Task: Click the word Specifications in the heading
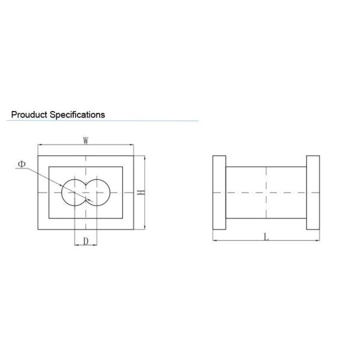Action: point(78,114)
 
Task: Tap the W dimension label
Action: point(86,140)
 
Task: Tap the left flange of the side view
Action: point(220,193)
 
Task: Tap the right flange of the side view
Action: point(313,193)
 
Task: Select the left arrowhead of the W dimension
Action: point(40,145)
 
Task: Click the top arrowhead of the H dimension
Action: point(145,158)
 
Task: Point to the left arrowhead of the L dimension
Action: point(216,240)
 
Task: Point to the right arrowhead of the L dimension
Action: point(317,240)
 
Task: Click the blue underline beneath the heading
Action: point(102,121)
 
